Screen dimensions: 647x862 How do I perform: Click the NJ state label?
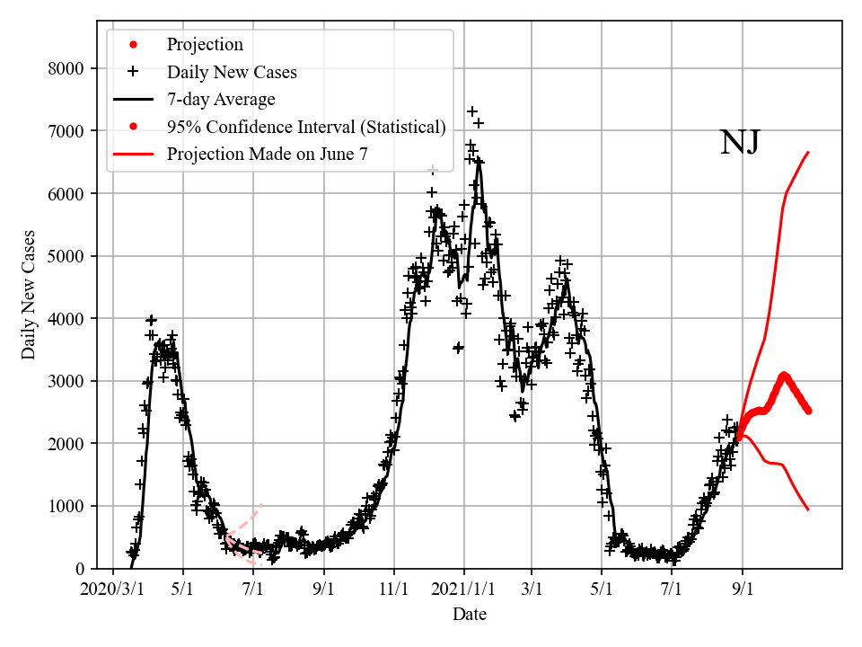pyautogui.click(x=740, y=143)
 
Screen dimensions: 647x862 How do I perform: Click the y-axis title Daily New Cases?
pyautogui.click(x=29, y=295)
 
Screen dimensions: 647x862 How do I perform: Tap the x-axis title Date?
pyautogui.click(x=470, y=615)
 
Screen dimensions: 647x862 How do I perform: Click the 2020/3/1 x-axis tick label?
pyautogui.click(x=112, y=589)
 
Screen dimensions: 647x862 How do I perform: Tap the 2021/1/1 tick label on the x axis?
pyautogui.click(x=464, y=589)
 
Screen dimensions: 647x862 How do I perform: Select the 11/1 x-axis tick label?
pyautogui.click(x=394, y=589)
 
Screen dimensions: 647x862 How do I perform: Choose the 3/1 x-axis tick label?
pyautogui.click(x=532, y=589)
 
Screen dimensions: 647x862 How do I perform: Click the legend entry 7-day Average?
pyautogui.click(x=221, y=99)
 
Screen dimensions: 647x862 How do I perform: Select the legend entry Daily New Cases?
pyautogui.click(x=232, y=72)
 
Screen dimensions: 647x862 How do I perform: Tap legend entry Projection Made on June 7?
pyautogui.click(x=267, y=155)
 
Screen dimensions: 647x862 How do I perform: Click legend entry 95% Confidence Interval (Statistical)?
pyautogui.click(x=305, y=127)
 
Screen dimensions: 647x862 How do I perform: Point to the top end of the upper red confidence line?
pyautogui.click(x=808, y=153)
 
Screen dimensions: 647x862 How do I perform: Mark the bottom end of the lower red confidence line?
pyautogui.click(x=808, y=510)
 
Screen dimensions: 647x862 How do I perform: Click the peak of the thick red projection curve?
pyautogui.click(x=783, y=375)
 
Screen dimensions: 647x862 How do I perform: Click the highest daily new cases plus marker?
pyautogui.click(x=472, y=111)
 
